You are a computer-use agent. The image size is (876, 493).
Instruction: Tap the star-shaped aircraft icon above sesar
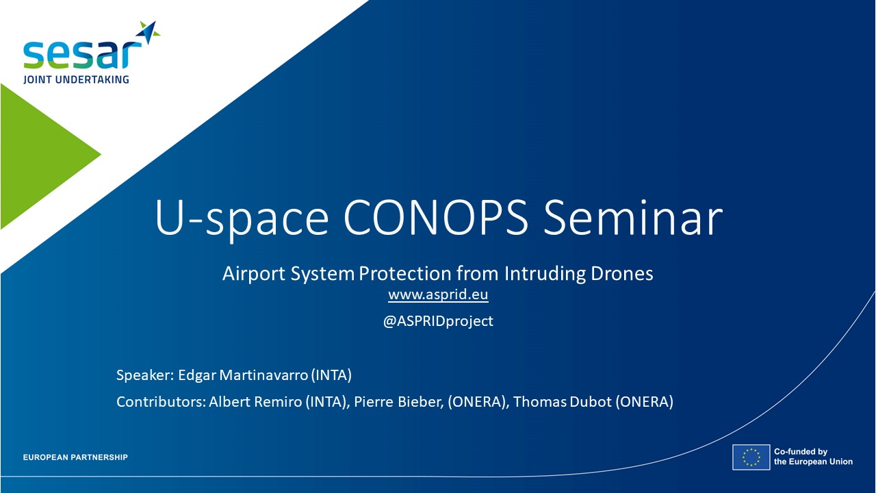[149, 32]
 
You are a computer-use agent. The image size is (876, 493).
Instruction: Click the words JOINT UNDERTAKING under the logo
[76, 79]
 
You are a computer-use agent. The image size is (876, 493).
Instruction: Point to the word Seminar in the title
[633, 218]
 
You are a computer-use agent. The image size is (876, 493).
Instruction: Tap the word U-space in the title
[242, 219]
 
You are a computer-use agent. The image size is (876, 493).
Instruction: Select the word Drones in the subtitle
[622, 273]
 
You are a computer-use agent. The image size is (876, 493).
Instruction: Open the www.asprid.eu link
[438, 294]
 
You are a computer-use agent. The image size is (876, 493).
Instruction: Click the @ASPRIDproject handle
[438, 321]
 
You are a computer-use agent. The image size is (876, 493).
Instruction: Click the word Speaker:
[145, 375]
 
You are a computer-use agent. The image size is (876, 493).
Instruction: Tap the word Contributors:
[161, 402]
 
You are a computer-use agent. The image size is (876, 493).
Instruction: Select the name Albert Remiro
[255, 402]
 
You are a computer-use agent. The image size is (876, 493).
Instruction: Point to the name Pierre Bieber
[399, 402]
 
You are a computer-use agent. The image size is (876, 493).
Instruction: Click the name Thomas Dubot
[563, 402]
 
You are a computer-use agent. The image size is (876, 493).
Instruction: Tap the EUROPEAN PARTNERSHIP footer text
[75, 457]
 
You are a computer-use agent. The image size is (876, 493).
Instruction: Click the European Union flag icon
[751, 457]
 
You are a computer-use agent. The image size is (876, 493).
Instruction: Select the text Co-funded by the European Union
[813, 457]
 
